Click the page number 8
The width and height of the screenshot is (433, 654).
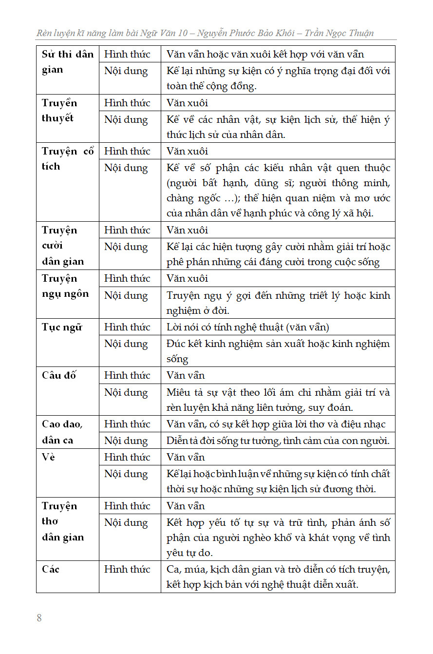pyautogui.click(x=39, y=618)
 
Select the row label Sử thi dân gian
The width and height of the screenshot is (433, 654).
pyautogui.click(x=67, y=62)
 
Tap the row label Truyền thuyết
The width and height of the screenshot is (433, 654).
pyautogui.click(x=59, y=111)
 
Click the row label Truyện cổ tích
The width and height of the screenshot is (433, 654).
pyautogui.click(x=67, y=159)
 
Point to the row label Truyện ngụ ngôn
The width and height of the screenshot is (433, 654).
pyautogui.click(x=65, y=286)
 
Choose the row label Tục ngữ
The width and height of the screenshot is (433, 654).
pyautogui.click(x=62, y=327)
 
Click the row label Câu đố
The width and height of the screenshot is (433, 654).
pyautogui.click(x=59, y=375)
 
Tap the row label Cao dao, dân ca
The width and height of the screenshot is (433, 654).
pyautogui.click(x=62, y=432)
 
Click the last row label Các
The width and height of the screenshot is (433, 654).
pyautogui.click(x=51, y=569)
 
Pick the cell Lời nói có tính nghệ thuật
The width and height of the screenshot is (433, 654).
pyautogui.click(x=248, y=327)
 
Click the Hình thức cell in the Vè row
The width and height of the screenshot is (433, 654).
pyautogui.click(x=127, y=457)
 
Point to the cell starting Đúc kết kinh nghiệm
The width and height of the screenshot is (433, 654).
pyautogui.click(x=278, y=351)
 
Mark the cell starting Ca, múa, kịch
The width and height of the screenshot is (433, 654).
pyautogui.click(x=278, y=577)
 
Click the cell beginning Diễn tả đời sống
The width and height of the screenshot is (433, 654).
pyautogui.click(x=278, y=441)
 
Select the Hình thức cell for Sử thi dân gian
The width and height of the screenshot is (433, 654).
pyautogui.click(x=127, y=54)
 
